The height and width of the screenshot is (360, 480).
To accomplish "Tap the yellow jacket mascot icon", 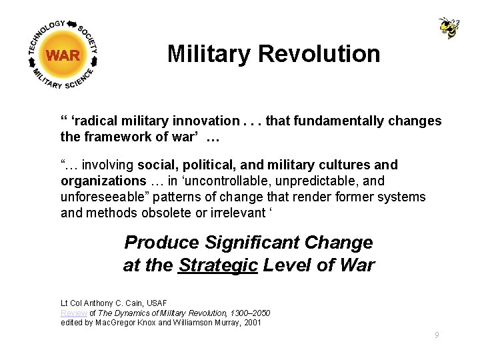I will click(449, 28).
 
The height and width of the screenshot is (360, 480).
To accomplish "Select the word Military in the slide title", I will click(206, 53).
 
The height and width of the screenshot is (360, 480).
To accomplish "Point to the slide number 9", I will click(437, 335).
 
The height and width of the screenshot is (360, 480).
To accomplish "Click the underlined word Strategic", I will click(218, 265).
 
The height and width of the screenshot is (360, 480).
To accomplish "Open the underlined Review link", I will click(73, 313).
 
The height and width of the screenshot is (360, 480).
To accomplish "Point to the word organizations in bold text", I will click(103, 181).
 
